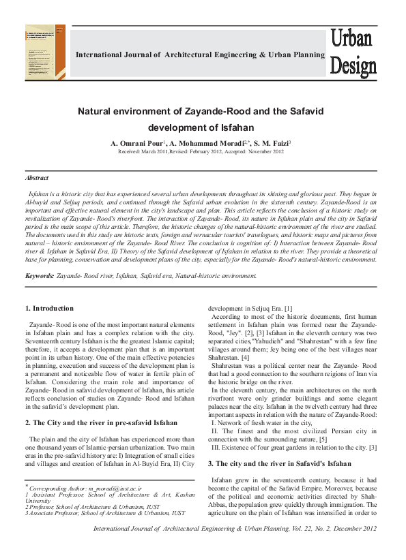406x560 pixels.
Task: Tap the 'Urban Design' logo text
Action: click(353, 52)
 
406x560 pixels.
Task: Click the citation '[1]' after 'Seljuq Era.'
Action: click(289, 309)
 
